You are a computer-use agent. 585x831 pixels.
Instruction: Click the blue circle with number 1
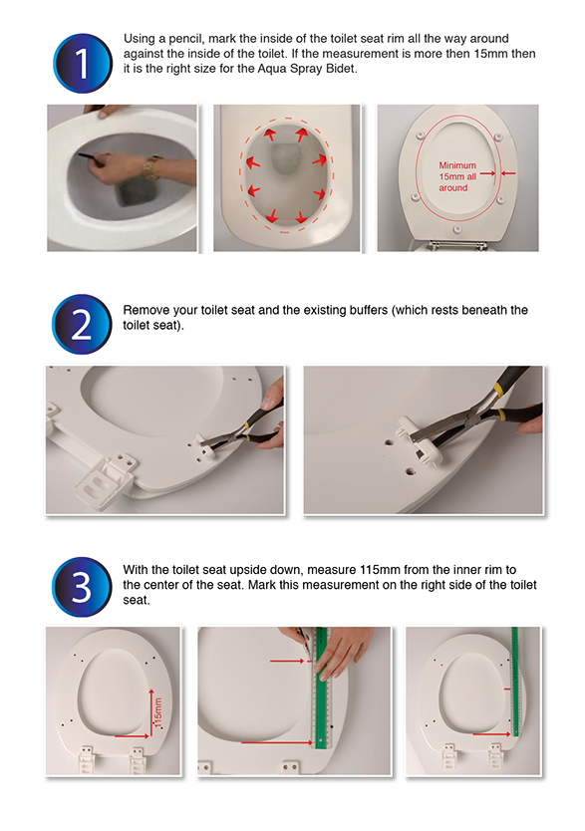click(83, 64)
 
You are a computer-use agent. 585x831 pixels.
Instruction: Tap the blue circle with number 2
click(82, 325)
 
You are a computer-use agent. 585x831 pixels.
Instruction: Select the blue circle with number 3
click(82, 587)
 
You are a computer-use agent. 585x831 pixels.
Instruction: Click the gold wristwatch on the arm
click(151, 167)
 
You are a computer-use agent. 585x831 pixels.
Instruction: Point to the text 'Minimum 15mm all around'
click(457, 176)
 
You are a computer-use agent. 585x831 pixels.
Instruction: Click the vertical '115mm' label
click(157, 711)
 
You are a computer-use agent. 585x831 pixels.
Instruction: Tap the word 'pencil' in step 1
click(185, 39)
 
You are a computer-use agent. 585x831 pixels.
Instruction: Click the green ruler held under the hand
click(321, 689)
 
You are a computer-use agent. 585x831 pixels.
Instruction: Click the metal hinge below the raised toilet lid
click(457, 245)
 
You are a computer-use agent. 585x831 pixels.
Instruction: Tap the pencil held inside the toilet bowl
click(88, 156)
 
